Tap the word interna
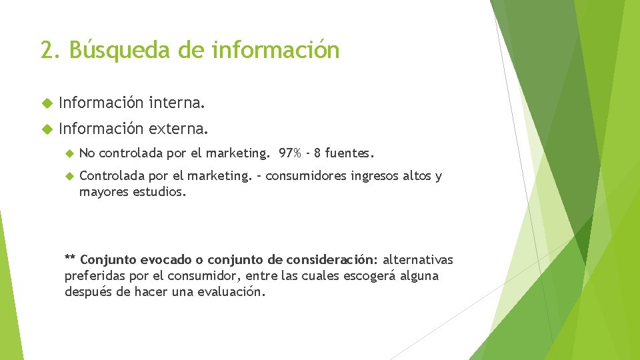pos(177,103)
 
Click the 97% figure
pos(290,154)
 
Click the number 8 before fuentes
pos(318,154)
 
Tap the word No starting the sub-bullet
pos(87,154)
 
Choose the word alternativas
pos(418,259)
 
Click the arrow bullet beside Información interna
pos(46,104)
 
